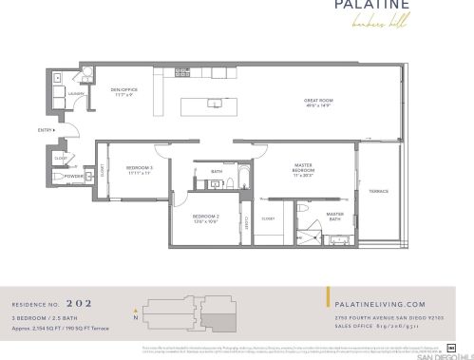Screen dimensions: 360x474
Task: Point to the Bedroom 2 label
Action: pos(206,218)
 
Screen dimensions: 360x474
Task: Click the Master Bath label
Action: pos(334,215)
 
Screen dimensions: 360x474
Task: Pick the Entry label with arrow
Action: pos(46,129)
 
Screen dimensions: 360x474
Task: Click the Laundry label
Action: pos(77,93)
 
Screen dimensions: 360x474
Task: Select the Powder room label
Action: pos(75,177)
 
